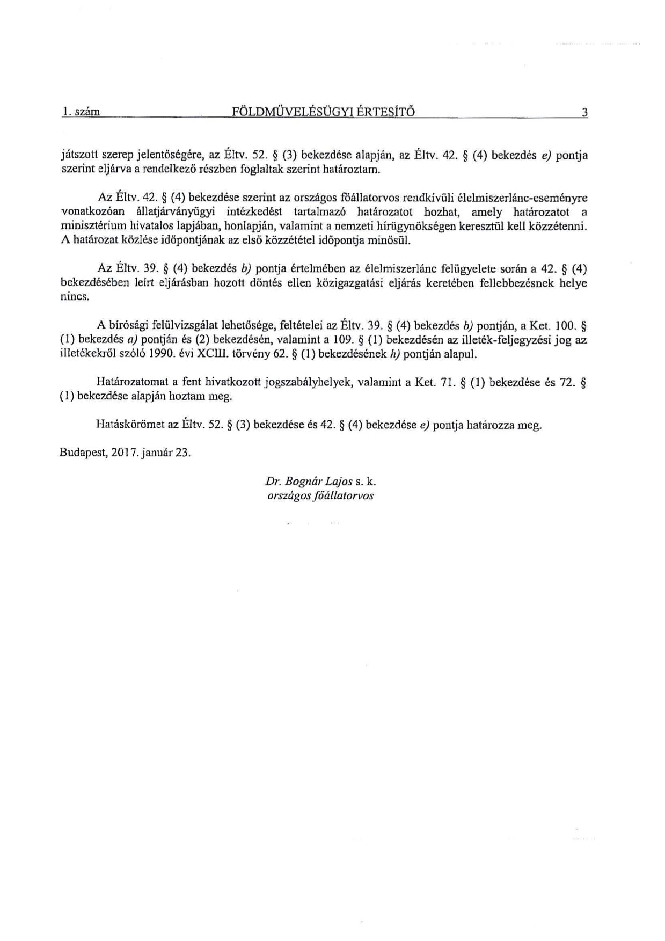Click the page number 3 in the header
[x=584, y=113]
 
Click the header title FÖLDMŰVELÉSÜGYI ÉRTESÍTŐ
[x=323, y=112]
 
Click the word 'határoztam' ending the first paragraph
[x=357, y=170]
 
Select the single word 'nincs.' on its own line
[x=74, y=297]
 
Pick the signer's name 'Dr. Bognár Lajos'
[x=308, y=482]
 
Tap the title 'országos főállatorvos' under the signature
[x=320, y=496]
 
